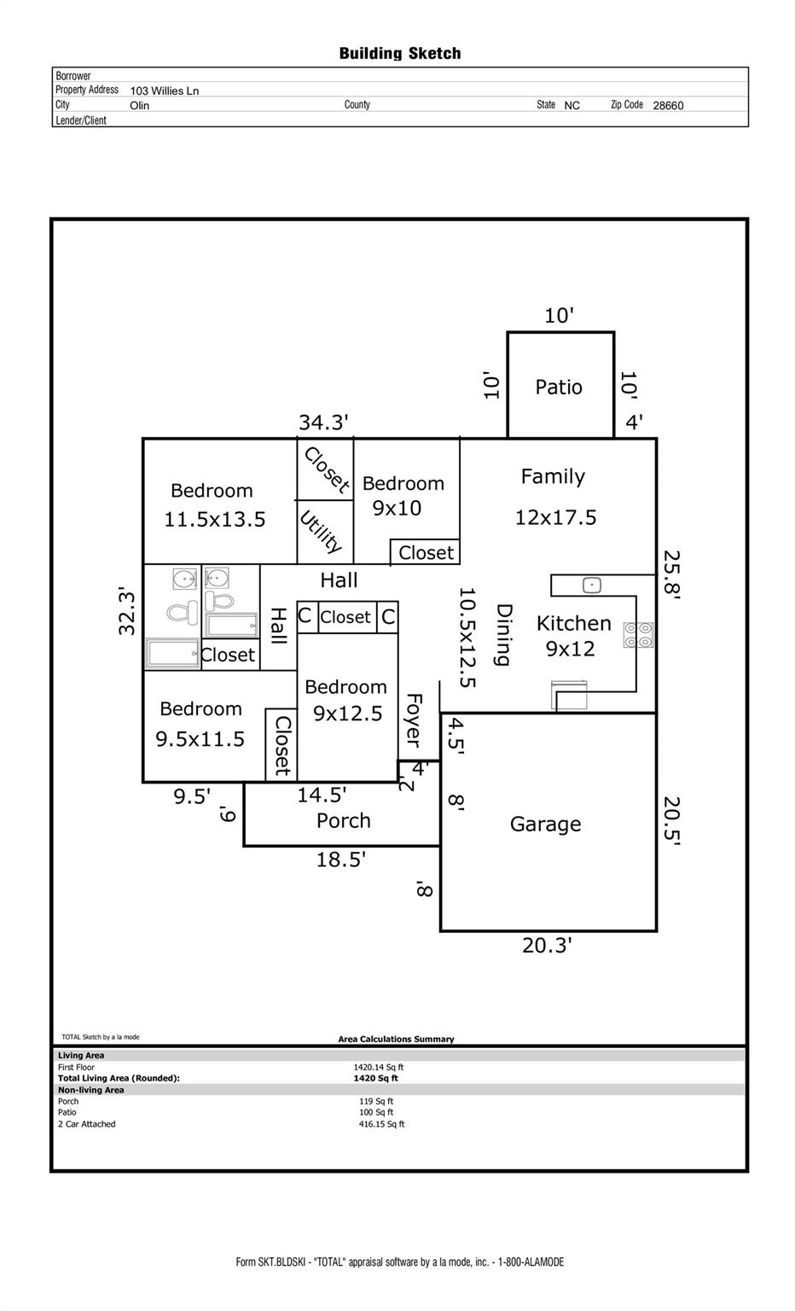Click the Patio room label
(x=559, y=387)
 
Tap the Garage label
(x=545, y=824)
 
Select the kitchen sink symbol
(x=592, y=586)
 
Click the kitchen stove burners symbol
(x=639, y=635)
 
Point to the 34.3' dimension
(x=323, y=422)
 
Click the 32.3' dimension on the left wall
(x=127, y=610)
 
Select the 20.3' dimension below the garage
(x=547, y=946)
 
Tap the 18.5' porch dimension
(x=341, y=859)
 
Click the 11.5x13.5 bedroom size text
(x=215, y=520)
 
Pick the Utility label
(x=321, y=532)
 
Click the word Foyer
(x=414, y=720)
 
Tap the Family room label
(x=553, y=477)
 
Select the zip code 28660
(x=668, y=106)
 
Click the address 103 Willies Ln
(x=165, y=90)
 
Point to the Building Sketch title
(x=400, y=54)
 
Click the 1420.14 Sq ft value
(x=379, y=1067)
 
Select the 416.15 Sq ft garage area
(x=381, y=1124)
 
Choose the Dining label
(x=504, y=635)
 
